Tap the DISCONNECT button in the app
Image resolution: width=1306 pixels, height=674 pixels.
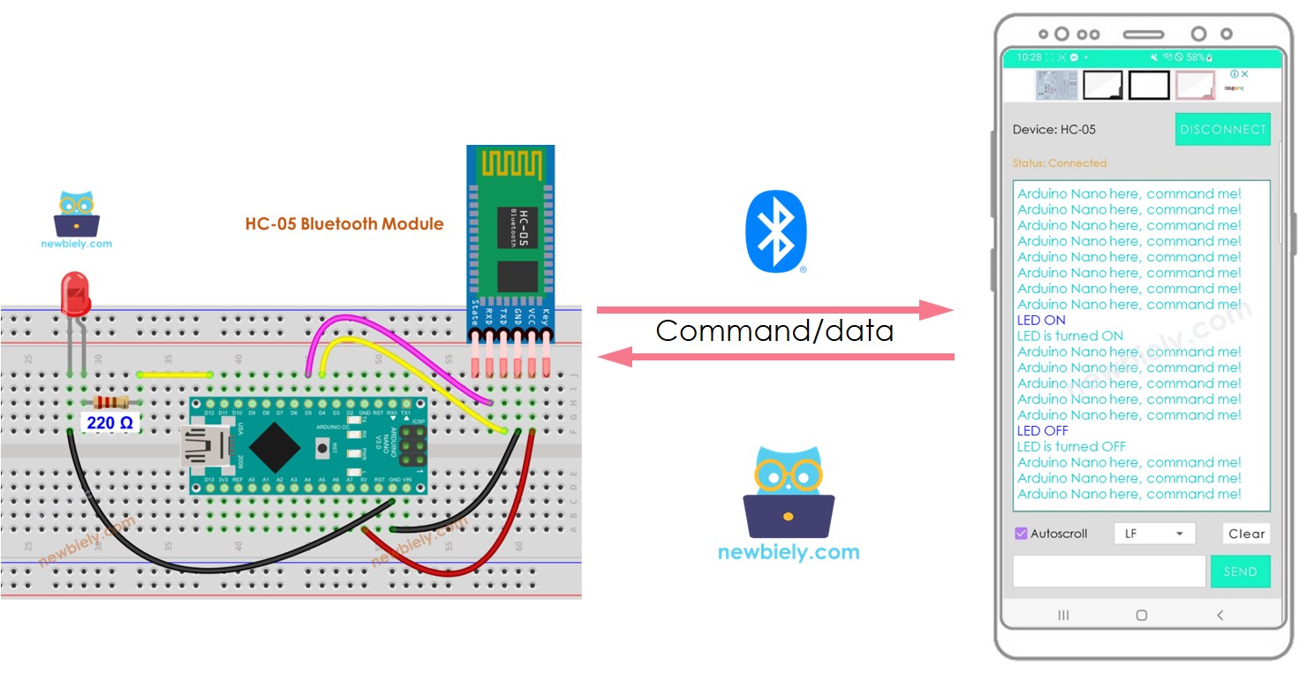(x=1222, y=129)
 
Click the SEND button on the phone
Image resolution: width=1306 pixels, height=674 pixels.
(x=1240, y=572)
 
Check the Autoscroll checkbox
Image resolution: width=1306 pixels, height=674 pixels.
(x=1022, y=534)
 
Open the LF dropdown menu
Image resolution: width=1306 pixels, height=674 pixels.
(x=1154, y=534)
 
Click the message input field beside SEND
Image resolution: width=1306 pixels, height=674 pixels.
(x=1108, y=572)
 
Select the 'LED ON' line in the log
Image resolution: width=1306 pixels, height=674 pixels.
(x=1041, y=320)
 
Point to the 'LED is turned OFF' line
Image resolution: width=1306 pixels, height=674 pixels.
(x=1071, y=446)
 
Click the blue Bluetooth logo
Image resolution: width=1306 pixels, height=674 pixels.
(x=775, y=230)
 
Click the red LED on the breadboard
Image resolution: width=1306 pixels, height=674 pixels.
(x=75, y=294)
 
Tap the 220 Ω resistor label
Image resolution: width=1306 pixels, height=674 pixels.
(x=109, y=423)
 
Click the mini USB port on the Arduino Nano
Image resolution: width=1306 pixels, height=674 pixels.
(x=198, y=447)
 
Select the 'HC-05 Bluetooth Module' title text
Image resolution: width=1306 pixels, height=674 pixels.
(x=344, y=223)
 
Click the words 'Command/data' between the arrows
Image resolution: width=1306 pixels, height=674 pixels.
(x=774, y=331)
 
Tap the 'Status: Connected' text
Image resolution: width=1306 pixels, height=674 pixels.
(x=1059, y=163)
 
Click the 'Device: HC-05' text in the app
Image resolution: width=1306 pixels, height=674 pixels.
(x=1053, y=130)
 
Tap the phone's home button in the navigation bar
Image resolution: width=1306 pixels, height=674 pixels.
(x=1141, y=615)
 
